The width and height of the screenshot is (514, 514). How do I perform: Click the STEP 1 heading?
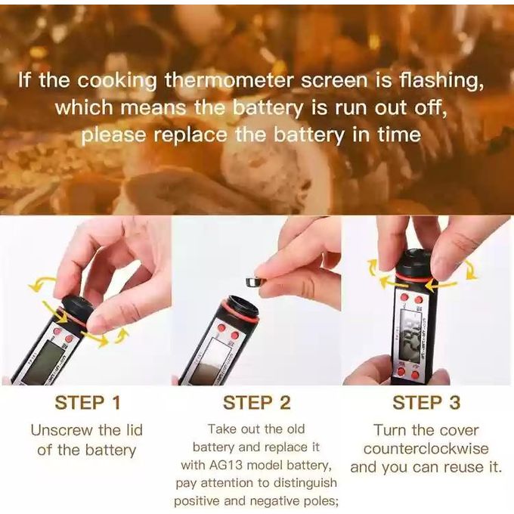88,403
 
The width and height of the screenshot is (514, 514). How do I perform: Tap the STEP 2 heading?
257,403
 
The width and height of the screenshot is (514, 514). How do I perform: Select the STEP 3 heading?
426,403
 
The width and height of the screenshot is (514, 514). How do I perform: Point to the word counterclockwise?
426,448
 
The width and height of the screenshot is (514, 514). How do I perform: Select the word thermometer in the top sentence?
228,80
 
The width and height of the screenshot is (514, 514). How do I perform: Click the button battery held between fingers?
255,281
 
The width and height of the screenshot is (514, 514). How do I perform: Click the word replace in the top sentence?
190,135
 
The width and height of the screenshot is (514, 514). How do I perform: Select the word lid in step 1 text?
134,430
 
